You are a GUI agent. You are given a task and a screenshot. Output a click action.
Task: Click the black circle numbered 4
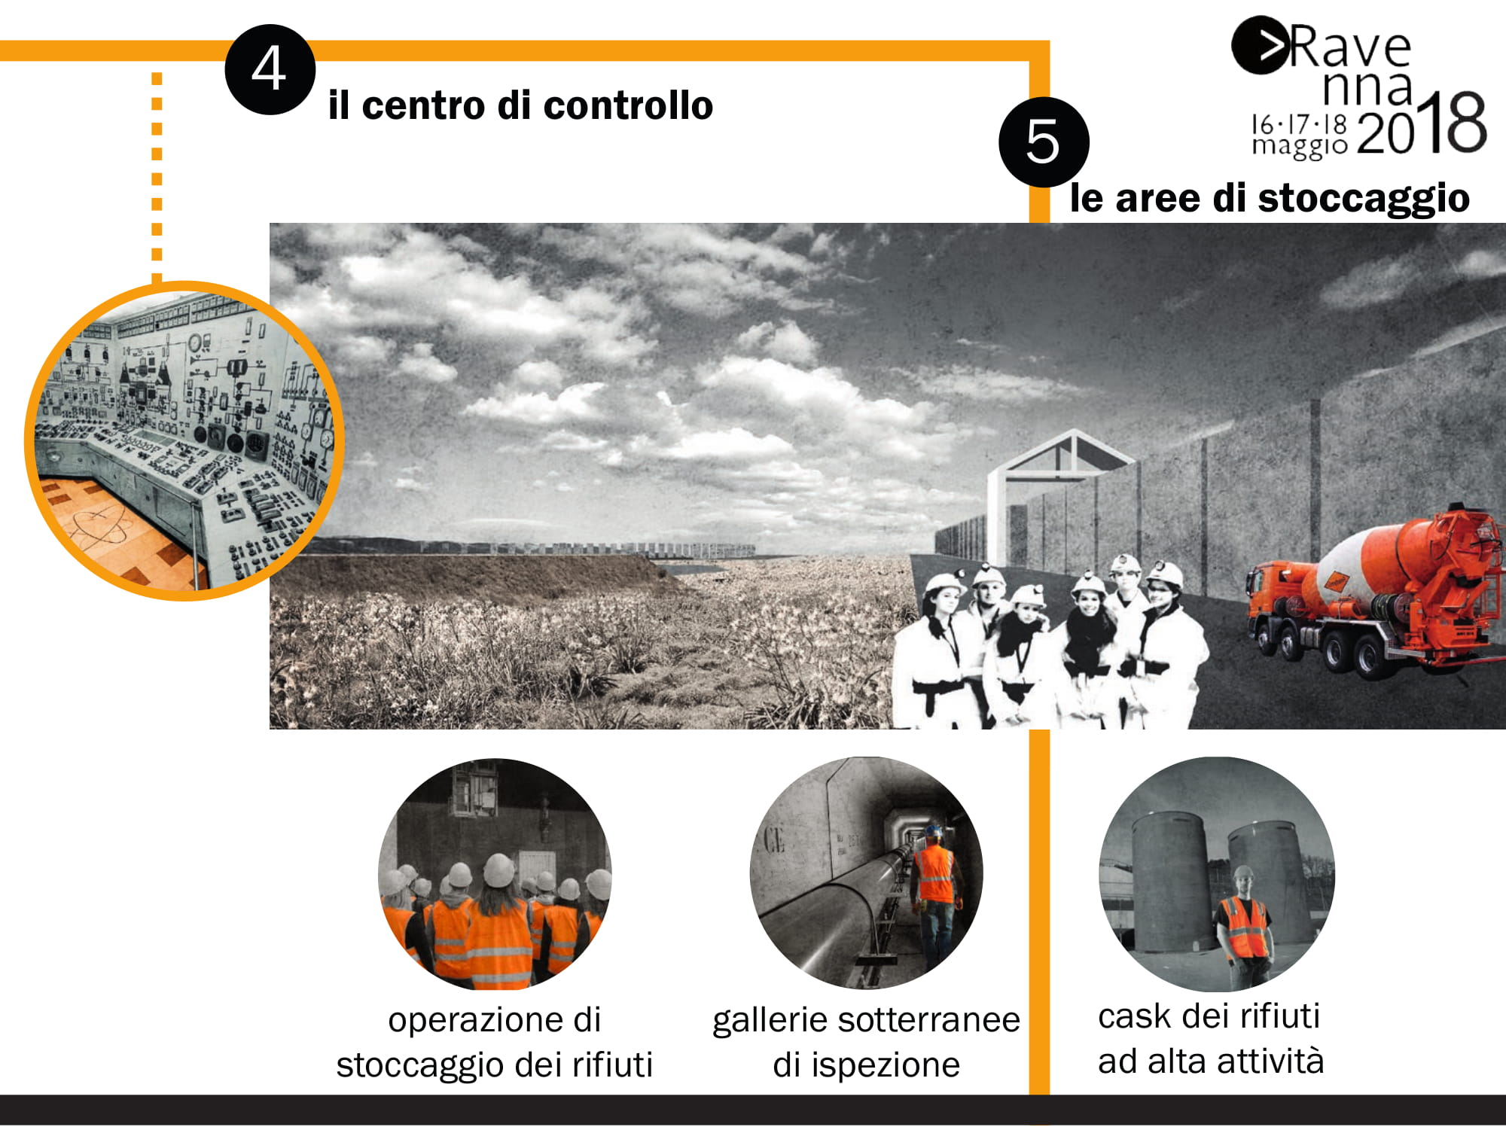pyautogui.click(x=270, y=69)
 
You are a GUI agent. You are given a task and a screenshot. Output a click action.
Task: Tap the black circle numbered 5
pyautogui.click(x=1044, y=142)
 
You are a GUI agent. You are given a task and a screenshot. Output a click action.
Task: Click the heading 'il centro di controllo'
pyautogui.click(x=520, y=105)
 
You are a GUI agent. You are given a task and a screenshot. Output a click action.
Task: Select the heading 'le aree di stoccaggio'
pyautogui.click(x=1270, y=198)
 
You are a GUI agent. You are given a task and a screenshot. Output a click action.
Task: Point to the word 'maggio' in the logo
pyautogui.click(x=1299, y=145)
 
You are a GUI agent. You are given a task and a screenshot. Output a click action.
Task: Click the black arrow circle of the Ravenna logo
pyautogui.click(x=1259, y=45)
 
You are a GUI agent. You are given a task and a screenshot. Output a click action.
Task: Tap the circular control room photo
pyautogui.click(x=184, y=440)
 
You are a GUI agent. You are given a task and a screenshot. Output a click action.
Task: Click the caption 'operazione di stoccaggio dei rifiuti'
pyautogui.click(x=494, y=1042)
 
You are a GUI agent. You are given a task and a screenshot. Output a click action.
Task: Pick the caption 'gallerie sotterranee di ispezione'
pyautogui.click(x=866, y=1042)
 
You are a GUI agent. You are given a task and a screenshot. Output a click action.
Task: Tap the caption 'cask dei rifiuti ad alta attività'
pyautogui.click(x=1210, y=1038)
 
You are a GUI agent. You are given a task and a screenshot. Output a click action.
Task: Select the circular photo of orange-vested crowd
pyautogui.click(x=495, y=874)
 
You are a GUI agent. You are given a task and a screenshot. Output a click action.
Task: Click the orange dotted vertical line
pyautogui.click(x=157, y=178)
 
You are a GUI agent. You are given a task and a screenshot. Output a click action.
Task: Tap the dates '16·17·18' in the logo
pyautogui.click(x=1299, y=123)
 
